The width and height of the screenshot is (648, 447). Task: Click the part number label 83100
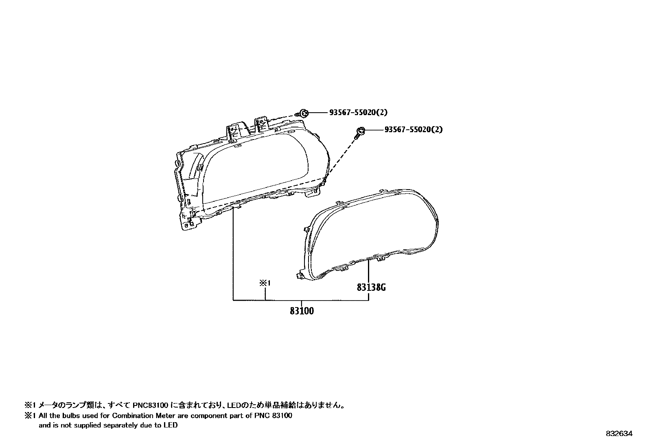302,311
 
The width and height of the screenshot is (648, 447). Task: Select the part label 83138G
371,288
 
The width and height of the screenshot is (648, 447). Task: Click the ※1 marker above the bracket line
265,283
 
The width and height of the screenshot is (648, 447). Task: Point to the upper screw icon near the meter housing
303,113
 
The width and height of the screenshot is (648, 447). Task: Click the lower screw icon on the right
360,131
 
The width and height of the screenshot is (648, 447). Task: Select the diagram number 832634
619,434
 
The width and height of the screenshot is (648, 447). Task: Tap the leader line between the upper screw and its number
318,112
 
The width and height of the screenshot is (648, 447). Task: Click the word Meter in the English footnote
160,416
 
